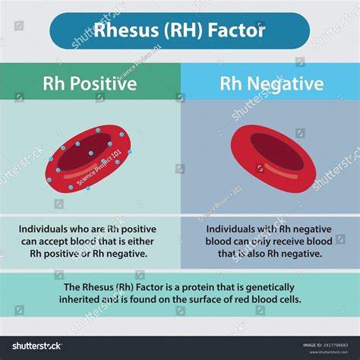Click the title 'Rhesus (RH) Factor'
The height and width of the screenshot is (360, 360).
tap(179, 30)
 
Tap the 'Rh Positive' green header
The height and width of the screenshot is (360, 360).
tap(90, 82)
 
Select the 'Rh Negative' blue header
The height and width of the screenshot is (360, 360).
tap(270, 82)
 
